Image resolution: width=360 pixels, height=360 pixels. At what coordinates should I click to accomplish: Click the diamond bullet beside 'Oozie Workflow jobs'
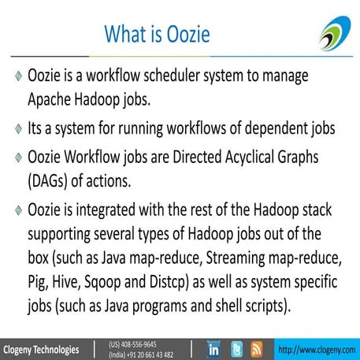[x=17, y=158]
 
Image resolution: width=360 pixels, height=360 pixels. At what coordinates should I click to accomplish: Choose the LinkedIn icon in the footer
[x=213, y=348]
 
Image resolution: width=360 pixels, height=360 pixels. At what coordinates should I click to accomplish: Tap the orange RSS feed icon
[x=256, y=348]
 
